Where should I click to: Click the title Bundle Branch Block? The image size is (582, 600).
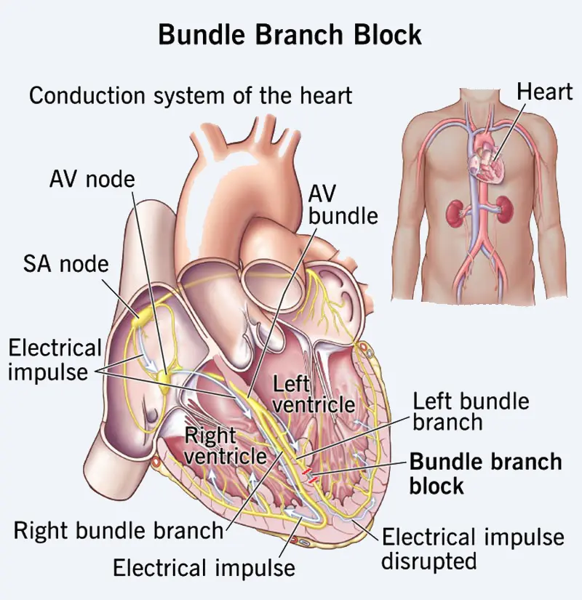(290, 34)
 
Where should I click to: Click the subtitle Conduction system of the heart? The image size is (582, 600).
(191, 95)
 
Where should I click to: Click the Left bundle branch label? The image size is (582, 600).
(471, 411)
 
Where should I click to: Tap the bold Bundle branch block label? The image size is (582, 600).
(485, 473)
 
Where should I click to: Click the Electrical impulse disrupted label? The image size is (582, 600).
(473, 549)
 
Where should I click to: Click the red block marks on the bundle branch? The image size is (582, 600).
(311, 476)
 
